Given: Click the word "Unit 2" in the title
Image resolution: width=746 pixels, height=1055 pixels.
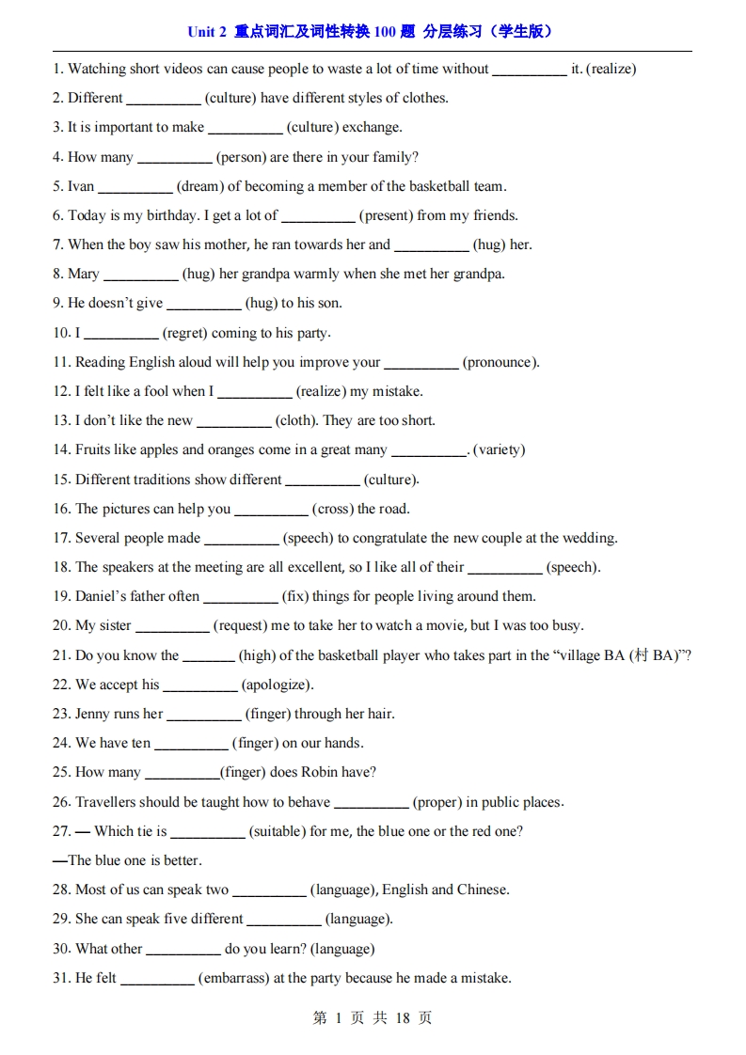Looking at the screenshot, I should pyautogui.click(x=207, y=31).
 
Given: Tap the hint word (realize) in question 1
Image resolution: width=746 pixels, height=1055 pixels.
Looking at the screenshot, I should pyautogui.click(x=611, y=69).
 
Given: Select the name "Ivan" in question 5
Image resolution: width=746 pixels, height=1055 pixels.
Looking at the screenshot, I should pyautogui.click(x=81, y=186).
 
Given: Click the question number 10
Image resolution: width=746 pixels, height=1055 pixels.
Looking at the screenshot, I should pyautogui.click(x=62, y=333).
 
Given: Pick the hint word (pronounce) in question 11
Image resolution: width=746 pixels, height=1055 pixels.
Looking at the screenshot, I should pyautogui.click(x=501, y=362).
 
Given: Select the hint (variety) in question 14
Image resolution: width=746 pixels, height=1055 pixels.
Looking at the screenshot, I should pyautogui.click(x=500, y=449).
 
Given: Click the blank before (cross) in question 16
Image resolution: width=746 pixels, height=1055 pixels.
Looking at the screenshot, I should pyautogui.click(x=271, y=509).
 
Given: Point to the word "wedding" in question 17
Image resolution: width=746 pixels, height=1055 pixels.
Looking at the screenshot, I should pyautogui.click(x=589, y=538).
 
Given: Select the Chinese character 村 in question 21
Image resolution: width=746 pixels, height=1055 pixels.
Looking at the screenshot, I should pyautogui.click(x=641, y=655).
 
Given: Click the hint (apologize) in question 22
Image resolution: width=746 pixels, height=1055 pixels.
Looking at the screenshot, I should pyautogui.click(x=278, y=685).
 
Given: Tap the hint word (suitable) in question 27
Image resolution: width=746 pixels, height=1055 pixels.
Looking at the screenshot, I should pyautogui.click(x=278, y=831).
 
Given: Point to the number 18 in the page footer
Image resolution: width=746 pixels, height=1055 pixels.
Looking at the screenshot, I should pyautogui.click(x=403, y=1018).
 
